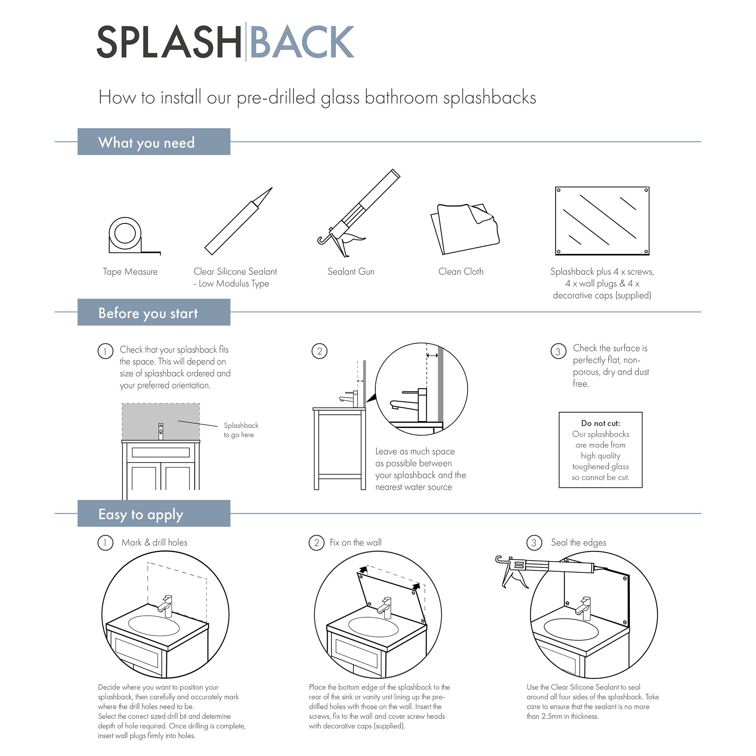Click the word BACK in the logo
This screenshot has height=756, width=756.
[302, 42]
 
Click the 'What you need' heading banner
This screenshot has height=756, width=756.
[154, 142]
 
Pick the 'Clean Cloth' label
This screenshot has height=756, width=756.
[460, 271]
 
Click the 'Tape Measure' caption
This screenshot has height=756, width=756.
[130, 271]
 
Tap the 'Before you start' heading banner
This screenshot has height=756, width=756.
[154, 312]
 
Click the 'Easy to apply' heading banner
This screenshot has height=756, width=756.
[154, 514]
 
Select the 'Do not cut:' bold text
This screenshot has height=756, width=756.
[600, 423]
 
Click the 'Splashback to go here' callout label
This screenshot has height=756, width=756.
[240, 430]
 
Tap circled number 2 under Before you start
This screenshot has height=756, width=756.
[319, 351]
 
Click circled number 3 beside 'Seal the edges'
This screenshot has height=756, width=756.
[534, 543]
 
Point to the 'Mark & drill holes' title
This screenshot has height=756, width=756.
[154, 542]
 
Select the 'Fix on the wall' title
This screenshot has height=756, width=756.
[355, 542]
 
